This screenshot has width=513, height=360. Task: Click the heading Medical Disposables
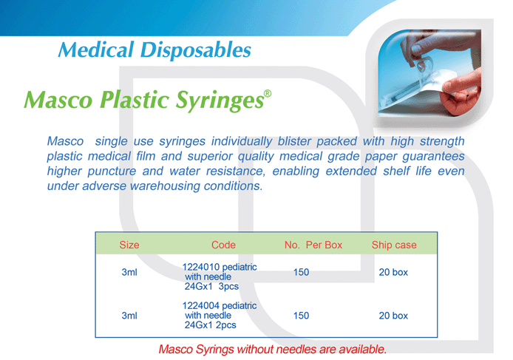[x=154, y=51]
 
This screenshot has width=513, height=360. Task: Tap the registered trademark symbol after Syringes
[x=268, y=94]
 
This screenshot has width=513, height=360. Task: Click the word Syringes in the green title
[x=220, y=101]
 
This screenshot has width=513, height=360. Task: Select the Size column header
[x=129, y=245]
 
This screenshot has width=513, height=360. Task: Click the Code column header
[x=223, y=245]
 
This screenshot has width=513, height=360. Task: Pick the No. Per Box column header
[x=313, y=245]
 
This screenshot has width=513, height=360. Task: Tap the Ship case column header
[x=394, y=245]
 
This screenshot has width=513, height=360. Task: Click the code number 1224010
[x=200, y=267]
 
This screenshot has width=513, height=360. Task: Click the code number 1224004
[x=200, y=306]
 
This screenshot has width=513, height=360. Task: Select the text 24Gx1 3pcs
[x=211, y=286]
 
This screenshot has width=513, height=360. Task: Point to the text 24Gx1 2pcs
[x=210, y=325]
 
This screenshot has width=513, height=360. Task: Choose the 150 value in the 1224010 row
[x=301, y=272]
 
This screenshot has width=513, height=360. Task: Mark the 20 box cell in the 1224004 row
[x=393, y=316]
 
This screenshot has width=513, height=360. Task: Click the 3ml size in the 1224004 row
[x=129, y=316]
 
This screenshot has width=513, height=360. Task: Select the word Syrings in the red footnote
[x=214, y=350]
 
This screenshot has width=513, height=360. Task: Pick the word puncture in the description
[x=112, y=171]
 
